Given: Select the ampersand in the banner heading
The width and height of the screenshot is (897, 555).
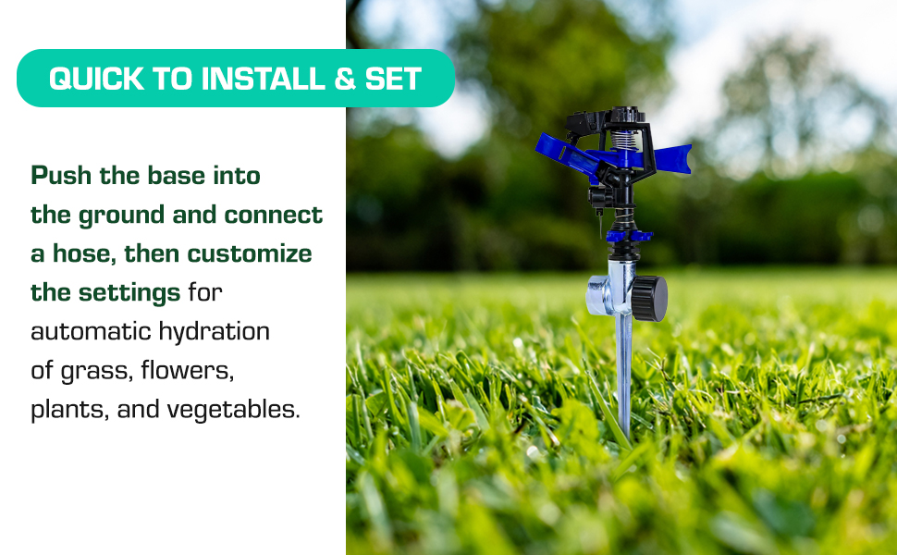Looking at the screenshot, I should (x=345, y=79).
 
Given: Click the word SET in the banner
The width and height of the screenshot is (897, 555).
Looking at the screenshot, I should (x=393, y=79).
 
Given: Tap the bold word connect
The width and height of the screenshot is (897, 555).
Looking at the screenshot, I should (x=276, y=216).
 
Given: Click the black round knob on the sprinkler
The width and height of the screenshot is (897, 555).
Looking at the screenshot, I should (x=651, y=298).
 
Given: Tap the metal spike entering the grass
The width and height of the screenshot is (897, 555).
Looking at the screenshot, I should (x=625, y=379).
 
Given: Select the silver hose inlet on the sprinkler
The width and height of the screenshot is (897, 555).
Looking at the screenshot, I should (x=599, y=296).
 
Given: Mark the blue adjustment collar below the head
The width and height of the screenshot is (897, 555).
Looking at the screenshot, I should (x=629, y=237).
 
